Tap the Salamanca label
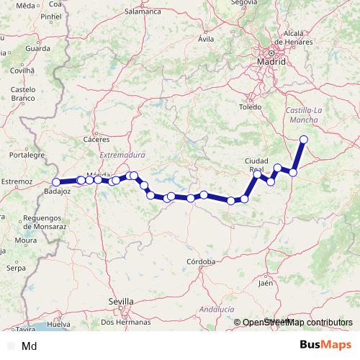[x=143, y=12]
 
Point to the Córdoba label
[x=200, y=261]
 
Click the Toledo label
[x=251, y=107]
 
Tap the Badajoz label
[x=57, y=192]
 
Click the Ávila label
[x=207, y=39]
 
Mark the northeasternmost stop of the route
[x=304, y=139]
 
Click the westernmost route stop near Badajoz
[x=56, y=182]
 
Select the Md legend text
[x=30, y=346]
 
